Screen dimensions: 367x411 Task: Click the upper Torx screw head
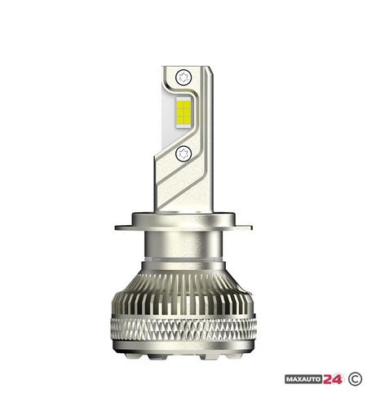[x=183, y=77]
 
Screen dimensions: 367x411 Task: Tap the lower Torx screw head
[x=183, y=154]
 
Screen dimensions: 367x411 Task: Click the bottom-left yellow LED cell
[x=179, y=118]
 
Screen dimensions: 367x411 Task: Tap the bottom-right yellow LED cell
[x=187, y=118]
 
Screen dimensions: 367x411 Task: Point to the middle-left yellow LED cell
[x=179, y=111]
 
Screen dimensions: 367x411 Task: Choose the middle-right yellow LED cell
[x=187, y=111]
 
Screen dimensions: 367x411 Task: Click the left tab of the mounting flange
[x=123, y=228]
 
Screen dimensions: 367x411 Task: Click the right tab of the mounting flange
[x=244, y=228]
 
